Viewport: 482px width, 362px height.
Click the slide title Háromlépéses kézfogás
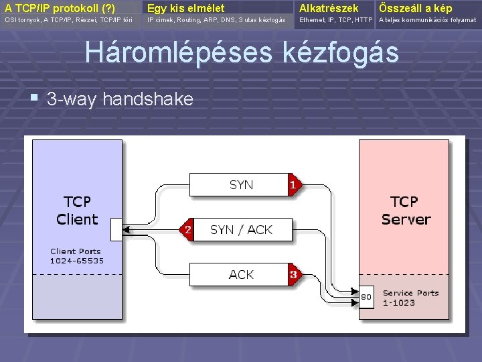(x=241, y=53)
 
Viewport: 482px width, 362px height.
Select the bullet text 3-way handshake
(x=120, y=100)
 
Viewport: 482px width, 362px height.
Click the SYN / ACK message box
(x=241, y=229)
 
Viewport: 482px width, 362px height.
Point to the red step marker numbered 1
(x=293, y=183)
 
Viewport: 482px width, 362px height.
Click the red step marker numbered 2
(x=188, y=229)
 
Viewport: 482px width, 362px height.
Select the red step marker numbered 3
(x=293, y=274)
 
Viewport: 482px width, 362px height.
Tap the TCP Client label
(x=77, y=210)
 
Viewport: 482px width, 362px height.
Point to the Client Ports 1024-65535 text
(x=77, y=256)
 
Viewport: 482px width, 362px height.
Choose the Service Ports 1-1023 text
(x=410, y=298)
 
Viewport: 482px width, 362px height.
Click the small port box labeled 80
(x=366, y=296)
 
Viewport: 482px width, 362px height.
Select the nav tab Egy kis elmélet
(x=186, y=8)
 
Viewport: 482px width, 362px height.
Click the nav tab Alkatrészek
(x=329, y=8)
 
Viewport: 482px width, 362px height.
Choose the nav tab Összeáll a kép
(x=415, y=8)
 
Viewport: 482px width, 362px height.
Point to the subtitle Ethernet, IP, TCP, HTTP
(x=336, y=20)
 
